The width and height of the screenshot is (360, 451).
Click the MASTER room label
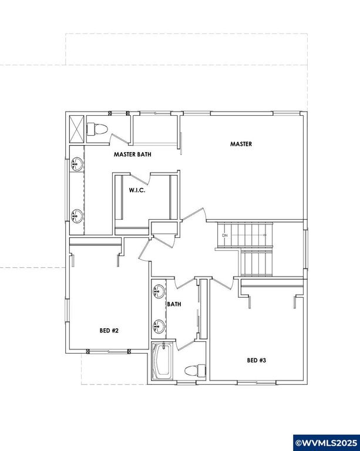(x=241, y=144)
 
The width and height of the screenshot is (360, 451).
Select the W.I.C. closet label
(x=137, y=190)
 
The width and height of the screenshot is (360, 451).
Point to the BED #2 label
(x=109, y=331)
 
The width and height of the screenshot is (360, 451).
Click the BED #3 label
(x=257, y=360)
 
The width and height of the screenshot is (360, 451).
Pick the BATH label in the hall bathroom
(x=174, y=304)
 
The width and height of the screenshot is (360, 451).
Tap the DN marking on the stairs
(x=224, y=235)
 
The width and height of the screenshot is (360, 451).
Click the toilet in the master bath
(x=97, y=129)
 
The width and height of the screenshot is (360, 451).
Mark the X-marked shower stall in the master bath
(x=76, y=127)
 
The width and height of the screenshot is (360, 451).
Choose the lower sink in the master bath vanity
(x=76, y=215)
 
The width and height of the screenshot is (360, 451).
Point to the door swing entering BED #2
(x=147, y=250)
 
